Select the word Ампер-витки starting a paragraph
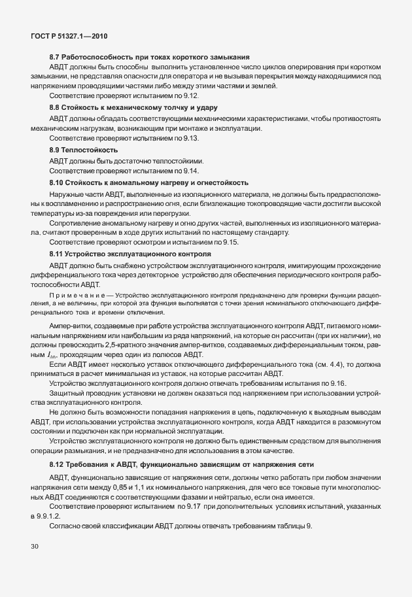point(69,326)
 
